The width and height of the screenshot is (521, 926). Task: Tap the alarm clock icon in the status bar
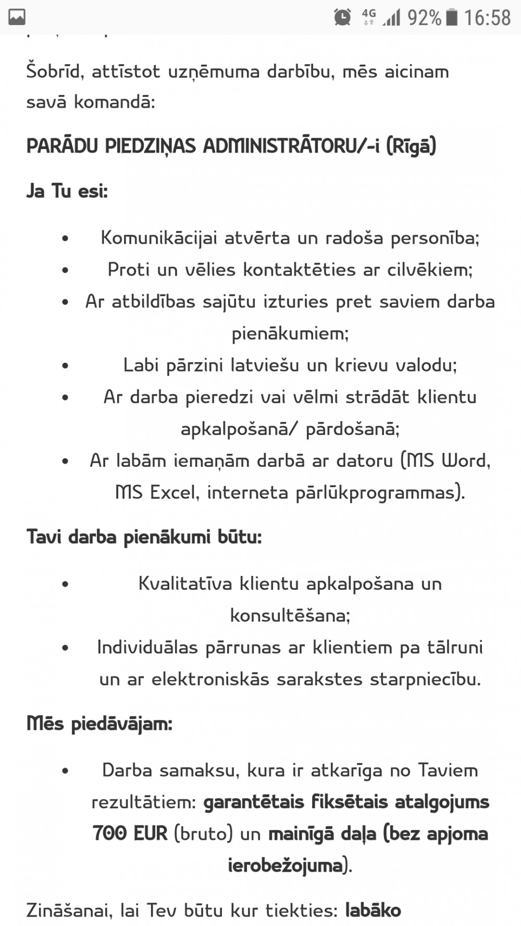click(342, 18)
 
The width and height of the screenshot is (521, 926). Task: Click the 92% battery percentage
click(424, 18)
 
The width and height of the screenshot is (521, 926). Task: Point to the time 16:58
click(487, 18)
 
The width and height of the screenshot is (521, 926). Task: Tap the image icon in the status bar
click(16, 18)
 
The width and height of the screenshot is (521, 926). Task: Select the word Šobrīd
click(55, 71)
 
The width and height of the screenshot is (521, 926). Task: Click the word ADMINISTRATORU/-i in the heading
click(292, 146)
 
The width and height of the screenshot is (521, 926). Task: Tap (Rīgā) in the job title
click(411, 146)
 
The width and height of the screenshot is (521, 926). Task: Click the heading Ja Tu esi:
click(67, 192)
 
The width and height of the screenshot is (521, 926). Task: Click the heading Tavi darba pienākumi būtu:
click(144, 537)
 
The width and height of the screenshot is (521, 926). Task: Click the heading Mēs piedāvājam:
click(99, 724)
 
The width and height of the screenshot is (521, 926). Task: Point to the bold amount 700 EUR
click(130, 834)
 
